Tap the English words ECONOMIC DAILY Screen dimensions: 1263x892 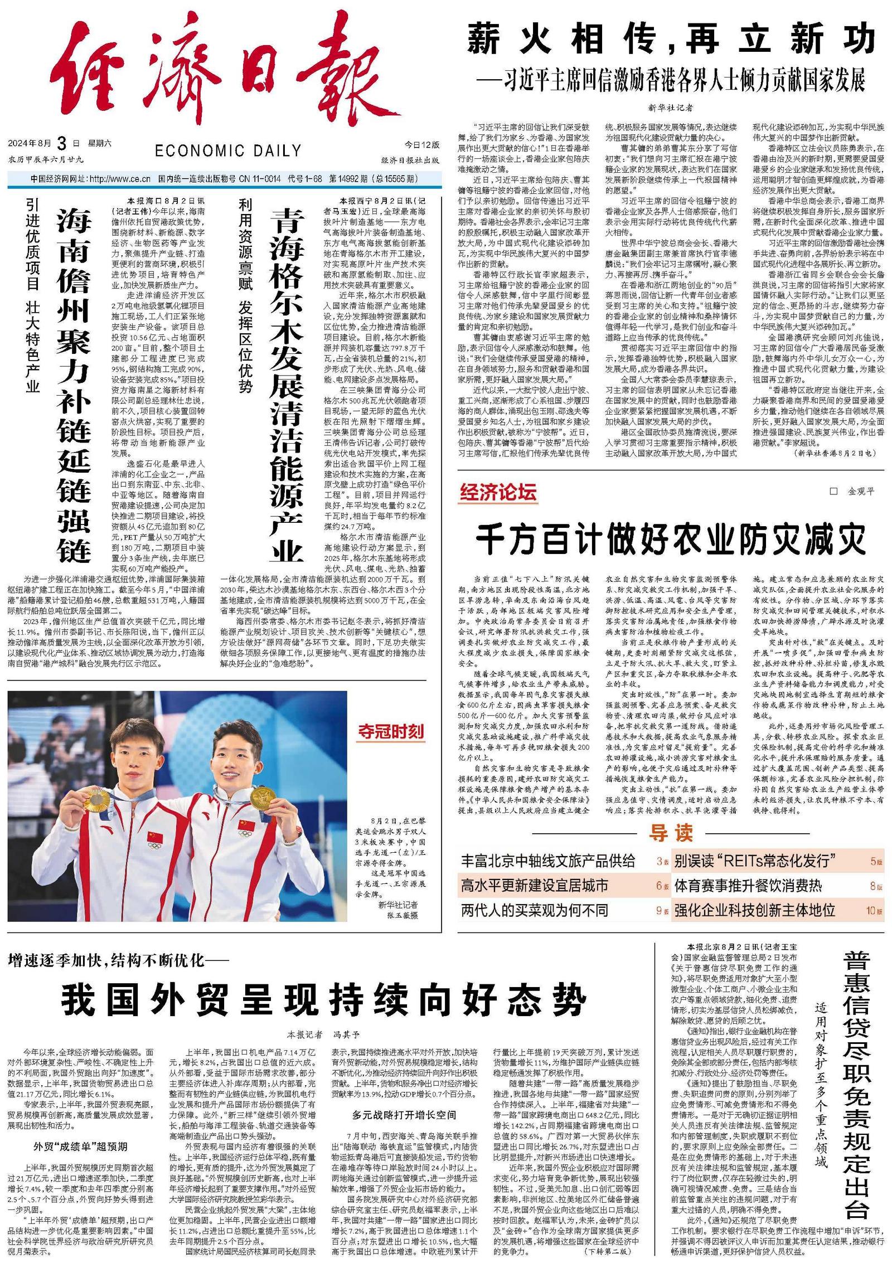pos(227,150)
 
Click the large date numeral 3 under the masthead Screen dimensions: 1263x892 pos(62,144)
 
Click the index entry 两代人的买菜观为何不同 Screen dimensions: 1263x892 pos(534,911)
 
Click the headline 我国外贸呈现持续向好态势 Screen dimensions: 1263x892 pos(323,999)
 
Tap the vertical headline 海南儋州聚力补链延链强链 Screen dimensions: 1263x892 pos(74,385)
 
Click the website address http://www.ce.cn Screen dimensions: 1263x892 pos(120,179)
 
